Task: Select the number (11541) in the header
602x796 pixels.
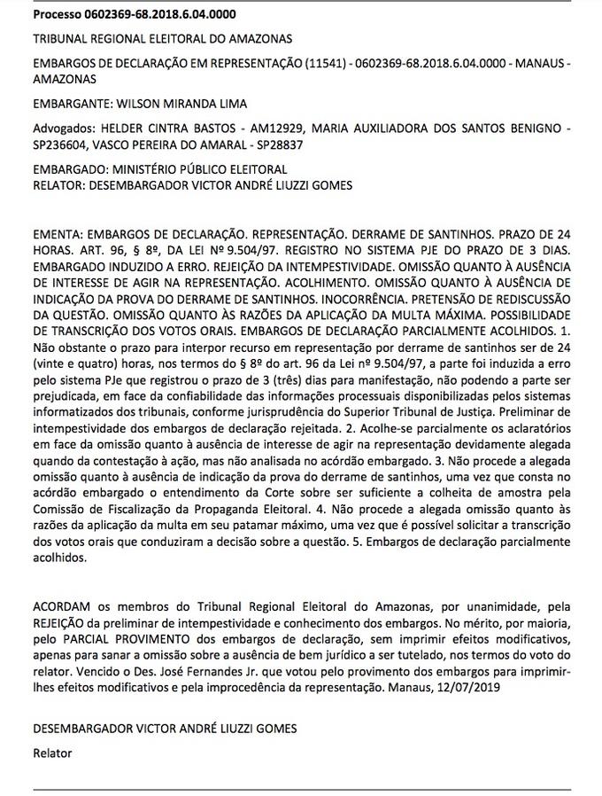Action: click(328, 65)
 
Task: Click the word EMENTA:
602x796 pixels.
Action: click(58, 234)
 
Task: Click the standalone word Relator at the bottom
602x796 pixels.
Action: click(51, 753)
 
